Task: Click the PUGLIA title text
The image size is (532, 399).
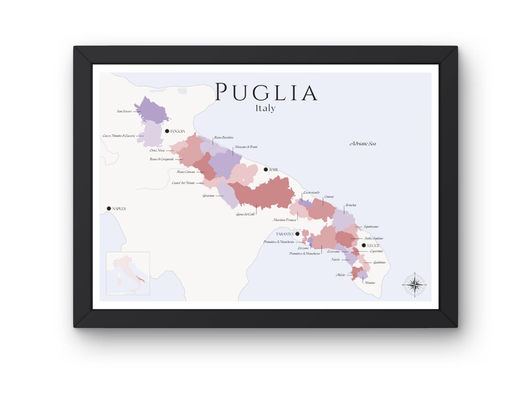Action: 266,93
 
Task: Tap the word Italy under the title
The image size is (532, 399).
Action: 266,108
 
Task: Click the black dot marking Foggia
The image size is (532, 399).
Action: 167,131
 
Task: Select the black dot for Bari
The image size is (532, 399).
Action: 266,169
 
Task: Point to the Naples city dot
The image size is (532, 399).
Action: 109,209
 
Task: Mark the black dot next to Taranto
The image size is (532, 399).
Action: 297,233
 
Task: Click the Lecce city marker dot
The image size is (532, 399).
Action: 364,245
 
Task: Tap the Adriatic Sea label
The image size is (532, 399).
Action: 363,143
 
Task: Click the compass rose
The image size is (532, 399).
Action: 415,285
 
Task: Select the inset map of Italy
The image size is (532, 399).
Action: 128,273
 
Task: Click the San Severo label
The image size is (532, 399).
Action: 124,111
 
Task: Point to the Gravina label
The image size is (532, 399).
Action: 208,196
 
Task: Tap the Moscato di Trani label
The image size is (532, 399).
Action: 246,147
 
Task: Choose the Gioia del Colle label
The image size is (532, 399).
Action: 245,214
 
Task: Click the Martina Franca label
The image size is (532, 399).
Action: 284,220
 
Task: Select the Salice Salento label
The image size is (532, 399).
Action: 374,238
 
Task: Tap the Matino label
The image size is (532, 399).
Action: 369,283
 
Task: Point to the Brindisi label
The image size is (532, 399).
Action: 351,205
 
